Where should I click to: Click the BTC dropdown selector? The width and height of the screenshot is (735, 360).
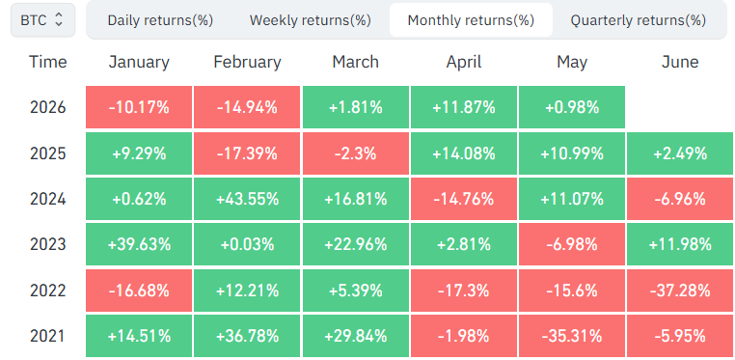42,19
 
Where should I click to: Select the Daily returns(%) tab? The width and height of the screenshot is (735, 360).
160,20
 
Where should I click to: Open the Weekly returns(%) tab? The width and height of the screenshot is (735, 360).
311,20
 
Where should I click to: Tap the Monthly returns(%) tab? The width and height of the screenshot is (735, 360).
471,20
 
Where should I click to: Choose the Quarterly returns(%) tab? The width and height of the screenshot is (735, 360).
639,20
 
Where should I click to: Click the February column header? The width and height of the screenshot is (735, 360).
248,62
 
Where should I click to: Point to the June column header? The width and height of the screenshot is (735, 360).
680,62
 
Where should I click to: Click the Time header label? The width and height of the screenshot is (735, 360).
48,62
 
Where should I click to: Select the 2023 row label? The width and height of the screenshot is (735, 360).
48,244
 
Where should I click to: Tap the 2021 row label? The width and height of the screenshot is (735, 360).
48,336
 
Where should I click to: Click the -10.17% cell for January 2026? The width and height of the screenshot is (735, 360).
139,107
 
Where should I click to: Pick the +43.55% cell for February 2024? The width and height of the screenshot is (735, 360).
247,199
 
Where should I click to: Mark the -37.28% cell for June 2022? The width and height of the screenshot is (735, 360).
680,291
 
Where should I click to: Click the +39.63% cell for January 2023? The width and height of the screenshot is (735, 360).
139,244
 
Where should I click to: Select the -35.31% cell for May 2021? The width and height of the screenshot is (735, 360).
572,336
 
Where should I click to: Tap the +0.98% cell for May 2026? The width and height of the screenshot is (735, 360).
572,107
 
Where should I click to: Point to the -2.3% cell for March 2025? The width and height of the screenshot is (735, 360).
356,153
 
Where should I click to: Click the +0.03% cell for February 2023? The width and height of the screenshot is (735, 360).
247,244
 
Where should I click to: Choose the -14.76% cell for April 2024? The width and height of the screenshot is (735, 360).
464,199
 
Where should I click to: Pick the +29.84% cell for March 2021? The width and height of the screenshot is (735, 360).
356,336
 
